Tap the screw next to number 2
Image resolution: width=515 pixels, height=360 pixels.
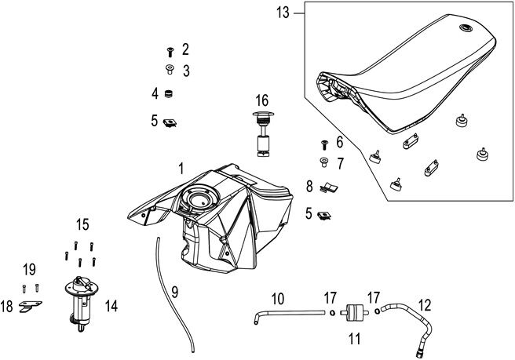pyautogui.click(x=170, y=52)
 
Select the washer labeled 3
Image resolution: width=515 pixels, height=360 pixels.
pyautogui.click(x=170, y=71)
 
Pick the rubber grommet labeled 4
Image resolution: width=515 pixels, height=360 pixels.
pyautogui.click(x=168, y=94)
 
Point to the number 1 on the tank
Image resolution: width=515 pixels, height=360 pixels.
pyautogui.click(x=181, y=169)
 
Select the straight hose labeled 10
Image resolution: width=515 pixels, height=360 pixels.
pyautogui.click(x=287, y=314)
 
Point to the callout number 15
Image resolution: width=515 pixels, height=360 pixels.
pyautogui.click(x=82, y=226)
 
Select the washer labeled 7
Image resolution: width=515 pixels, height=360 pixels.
pyautogui.click(x=323, y=164)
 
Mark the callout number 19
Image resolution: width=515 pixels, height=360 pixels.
pyautogui.click(x=29, y=270)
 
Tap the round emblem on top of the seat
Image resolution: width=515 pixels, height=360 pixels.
pyautogui.click(x=466, y=30)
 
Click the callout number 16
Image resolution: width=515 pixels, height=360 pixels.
pyautogui.click(x=261, y=100)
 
